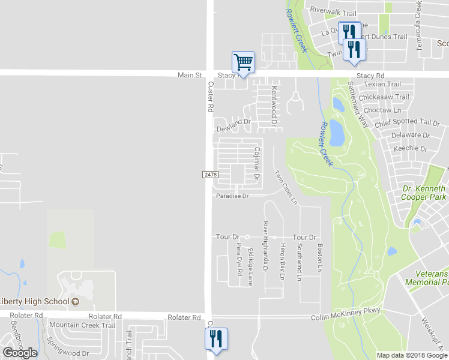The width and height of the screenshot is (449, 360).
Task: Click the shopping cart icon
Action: tap(243, 61)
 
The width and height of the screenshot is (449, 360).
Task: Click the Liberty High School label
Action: tap(37, 301)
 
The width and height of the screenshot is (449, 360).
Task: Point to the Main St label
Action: tap(190, 75)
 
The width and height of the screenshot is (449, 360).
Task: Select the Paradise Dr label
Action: tap(232, 196)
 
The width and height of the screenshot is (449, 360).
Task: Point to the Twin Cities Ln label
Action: tap(286, 187)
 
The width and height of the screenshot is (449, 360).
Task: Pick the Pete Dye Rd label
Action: tap(239, 260)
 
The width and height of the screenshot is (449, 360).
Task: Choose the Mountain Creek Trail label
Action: tap(82, 325)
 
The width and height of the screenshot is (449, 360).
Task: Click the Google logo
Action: tap(20, 353)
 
